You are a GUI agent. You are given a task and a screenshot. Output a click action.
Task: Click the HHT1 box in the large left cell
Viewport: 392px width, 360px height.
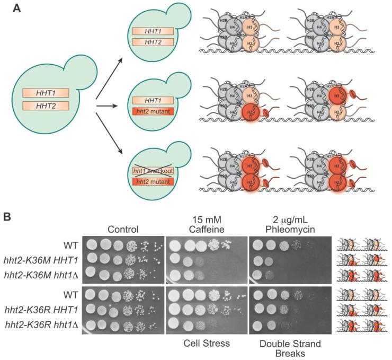click(x=44, y=93)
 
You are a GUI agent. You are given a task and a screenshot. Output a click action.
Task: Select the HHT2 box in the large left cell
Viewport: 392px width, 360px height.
click(x=44, y=105)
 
